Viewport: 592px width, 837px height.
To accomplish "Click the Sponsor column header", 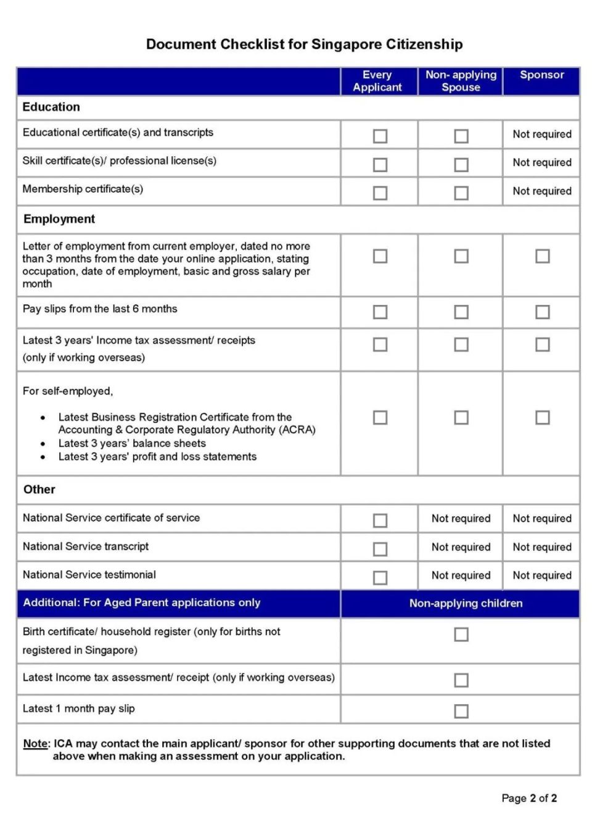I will click(541, 75).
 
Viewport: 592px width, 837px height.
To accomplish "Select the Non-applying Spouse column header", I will click(461, 81).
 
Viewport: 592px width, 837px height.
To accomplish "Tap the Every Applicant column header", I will click(377, 81).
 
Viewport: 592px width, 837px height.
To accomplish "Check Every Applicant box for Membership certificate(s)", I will click(380, 193).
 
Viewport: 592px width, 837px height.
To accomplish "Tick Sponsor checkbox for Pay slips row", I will click(542, 312).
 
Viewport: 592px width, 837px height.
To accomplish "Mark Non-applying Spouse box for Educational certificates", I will click(461, 136).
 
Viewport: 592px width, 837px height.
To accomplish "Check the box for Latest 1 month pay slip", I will click(461, 711).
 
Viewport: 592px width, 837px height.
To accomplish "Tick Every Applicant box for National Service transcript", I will click(380, 549).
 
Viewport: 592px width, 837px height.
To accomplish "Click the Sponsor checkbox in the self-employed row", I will click(542, 418).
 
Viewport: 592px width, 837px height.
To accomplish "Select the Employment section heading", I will click(59, 219).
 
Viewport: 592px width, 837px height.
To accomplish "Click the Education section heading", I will click(51, 107).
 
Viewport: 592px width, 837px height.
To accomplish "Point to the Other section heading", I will click(39, 489).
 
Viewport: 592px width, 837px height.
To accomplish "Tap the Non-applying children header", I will click(466, 603).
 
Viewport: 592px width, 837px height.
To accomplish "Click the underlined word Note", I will click(36, 743).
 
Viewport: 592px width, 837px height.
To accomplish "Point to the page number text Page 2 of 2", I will click(529, 798).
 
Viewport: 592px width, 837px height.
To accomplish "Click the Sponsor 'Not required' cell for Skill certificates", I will click(542, 162).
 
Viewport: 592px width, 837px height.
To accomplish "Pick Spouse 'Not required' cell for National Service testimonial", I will click(461, 575).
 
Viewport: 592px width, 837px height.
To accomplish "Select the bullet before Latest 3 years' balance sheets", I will click(43, 444).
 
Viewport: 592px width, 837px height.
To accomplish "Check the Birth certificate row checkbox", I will click(461, 635).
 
